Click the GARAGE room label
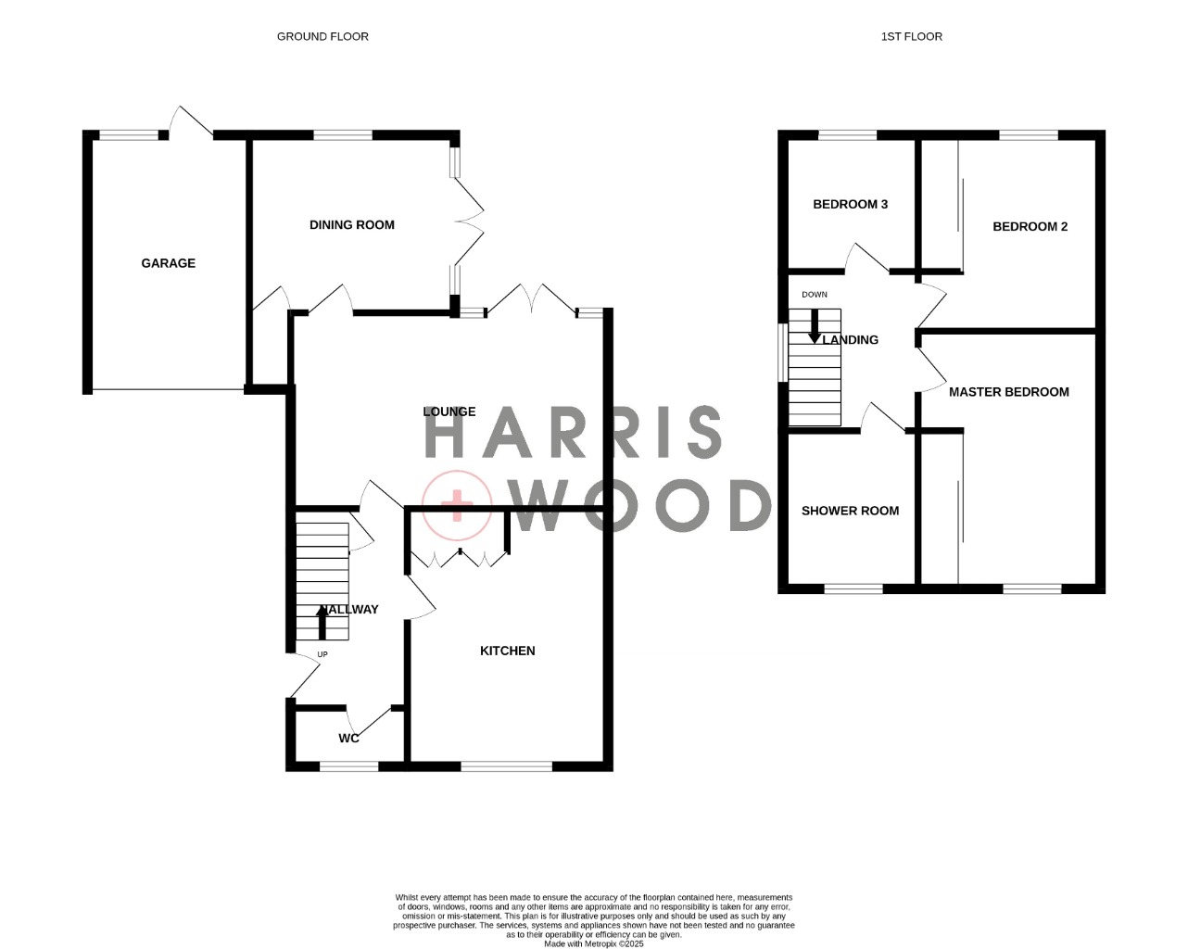[x=169, y=263]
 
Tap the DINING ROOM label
[x=351, y=224]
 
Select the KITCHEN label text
[x=507, y=651]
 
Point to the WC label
[x=348, y=738]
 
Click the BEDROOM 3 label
[x=850, y=204]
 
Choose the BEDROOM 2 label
[x=1030, y=226]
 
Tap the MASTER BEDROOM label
[x=1008, y=392]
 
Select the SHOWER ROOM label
[x=850, y=511]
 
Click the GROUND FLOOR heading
[x=322, y=36]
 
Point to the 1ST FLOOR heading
[x=912, y=36]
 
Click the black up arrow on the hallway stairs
[x=322, y=622]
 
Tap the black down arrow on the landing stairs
[x=814, y=326]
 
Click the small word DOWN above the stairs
[x=815, y=295]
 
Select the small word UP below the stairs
[x=322, y=654]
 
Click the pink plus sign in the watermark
[x=457, y=505]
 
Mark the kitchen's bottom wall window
[x=507, y=766]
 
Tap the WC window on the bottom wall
[x=348, y=766]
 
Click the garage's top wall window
[x=129, y=134]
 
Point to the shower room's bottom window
[x=853, y=588]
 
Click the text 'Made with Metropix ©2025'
[x=593, y=944]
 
